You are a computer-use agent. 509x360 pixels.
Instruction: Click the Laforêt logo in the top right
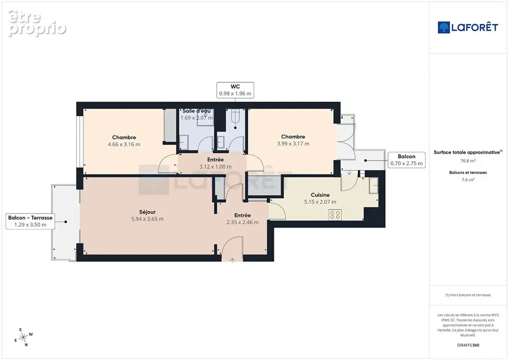tap(468, 27)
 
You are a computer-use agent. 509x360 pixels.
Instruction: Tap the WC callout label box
tap(235, 90)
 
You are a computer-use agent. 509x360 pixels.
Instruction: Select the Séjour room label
tap(147, 212)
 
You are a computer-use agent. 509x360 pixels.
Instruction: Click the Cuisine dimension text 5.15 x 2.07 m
tap(320, 202)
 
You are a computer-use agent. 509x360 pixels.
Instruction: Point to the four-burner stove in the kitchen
tap(335, 215)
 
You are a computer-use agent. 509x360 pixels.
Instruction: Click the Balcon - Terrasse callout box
tap(30, 221)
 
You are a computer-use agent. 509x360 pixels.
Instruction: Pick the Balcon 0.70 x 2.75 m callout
tap(406, 160)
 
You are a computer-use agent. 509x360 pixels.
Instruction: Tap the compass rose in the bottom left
tap(24, 338)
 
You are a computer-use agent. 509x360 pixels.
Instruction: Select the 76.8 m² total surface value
tap(468, 161)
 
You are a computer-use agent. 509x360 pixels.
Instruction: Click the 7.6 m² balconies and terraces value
tap(468, 180)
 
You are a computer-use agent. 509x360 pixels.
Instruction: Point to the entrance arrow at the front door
tap(232, 261)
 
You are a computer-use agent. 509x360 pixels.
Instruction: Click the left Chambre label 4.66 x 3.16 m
tap(124, 141)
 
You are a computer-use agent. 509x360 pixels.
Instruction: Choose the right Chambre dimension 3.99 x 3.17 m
tap(293, 144)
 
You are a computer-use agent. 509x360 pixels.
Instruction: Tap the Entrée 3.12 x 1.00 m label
tap(215, 163)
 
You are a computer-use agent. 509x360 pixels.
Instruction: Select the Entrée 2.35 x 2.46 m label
tap(243, 219)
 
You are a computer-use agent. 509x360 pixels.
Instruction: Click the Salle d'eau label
tap(196, 111)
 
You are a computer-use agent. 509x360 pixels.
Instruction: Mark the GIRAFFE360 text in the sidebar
tap(468, 345)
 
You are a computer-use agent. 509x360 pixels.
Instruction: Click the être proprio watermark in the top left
tap(37, 23)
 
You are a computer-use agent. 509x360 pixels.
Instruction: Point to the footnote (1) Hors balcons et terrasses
tap(468, 295)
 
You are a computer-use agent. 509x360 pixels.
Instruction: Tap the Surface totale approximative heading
tap(468, 152)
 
